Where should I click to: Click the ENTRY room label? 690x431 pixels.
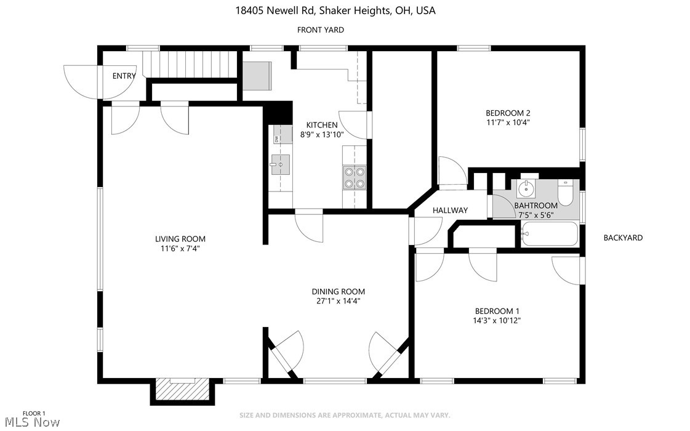click(124, 76)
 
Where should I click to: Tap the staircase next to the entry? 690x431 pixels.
click(190, 64)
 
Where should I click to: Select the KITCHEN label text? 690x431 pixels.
click(321, 125)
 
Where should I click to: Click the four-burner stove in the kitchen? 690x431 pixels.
click(354, 177)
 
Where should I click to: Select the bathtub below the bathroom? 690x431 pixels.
click(549, 234)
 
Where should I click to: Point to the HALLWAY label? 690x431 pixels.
click(450, 210)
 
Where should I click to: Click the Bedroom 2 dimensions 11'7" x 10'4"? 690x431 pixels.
click(508, 122)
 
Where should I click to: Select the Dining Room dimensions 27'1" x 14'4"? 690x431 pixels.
click(338, 301)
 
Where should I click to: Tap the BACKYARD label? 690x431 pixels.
click(622, 238)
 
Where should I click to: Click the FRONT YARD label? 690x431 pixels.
click(320, 30)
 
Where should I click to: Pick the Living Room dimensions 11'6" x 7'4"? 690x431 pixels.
click(180, 249)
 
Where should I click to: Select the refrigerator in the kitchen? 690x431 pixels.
click(257, 76)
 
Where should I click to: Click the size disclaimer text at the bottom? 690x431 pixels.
click(345, 415)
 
